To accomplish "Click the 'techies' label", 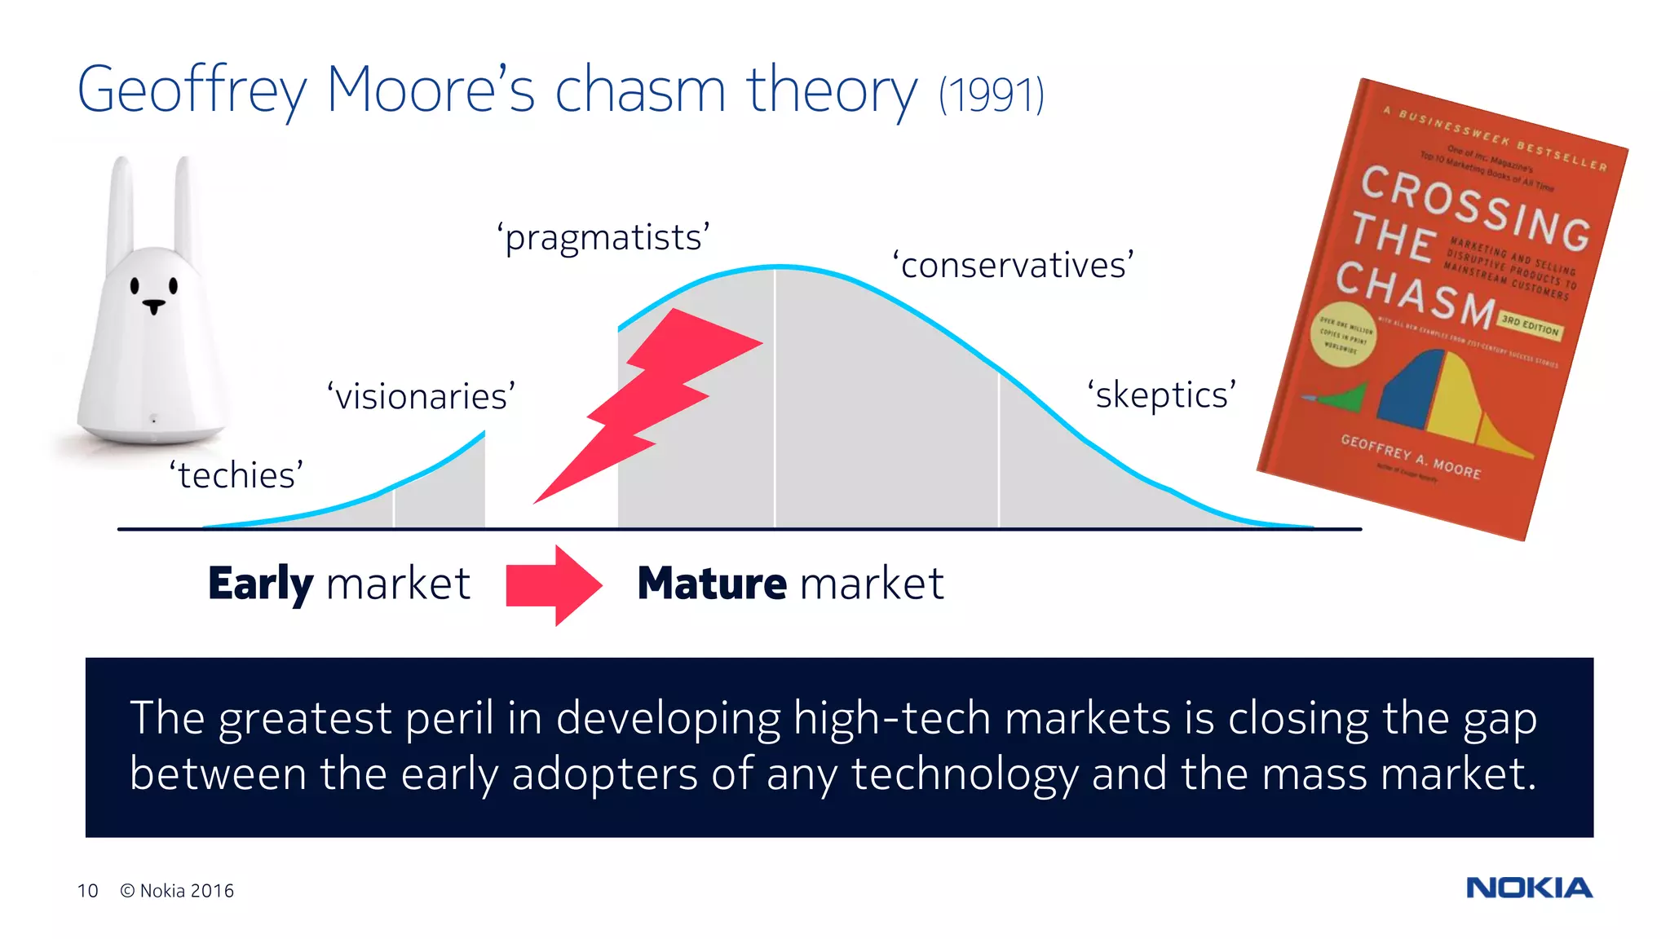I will coord(236,475).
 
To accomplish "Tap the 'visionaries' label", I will coord(422,397).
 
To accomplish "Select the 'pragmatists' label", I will coord(604,238).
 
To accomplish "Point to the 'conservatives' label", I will coord(1013,266).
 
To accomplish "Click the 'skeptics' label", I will coord(1162,395).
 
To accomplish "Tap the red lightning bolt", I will coord(652,399).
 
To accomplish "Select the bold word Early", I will coord(260,584).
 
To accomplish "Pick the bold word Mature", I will coord(712,584).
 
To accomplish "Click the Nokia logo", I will coord(1529,888).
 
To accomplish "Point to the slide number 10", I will coord(88,891).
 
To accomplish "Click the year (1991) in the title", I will coord(991,95).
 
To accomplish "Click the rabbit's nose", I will coord(153,306).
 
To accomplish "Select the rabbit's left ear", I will coord(121,204).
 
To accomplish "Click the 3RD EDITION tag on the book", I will coord(1530,326).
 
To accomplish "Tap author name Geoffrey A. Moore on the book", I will coord(1410,456).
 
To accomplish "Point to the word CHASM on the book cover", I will coord(1415,293).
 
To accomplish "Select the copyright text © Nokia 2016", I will coord(177,891).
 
